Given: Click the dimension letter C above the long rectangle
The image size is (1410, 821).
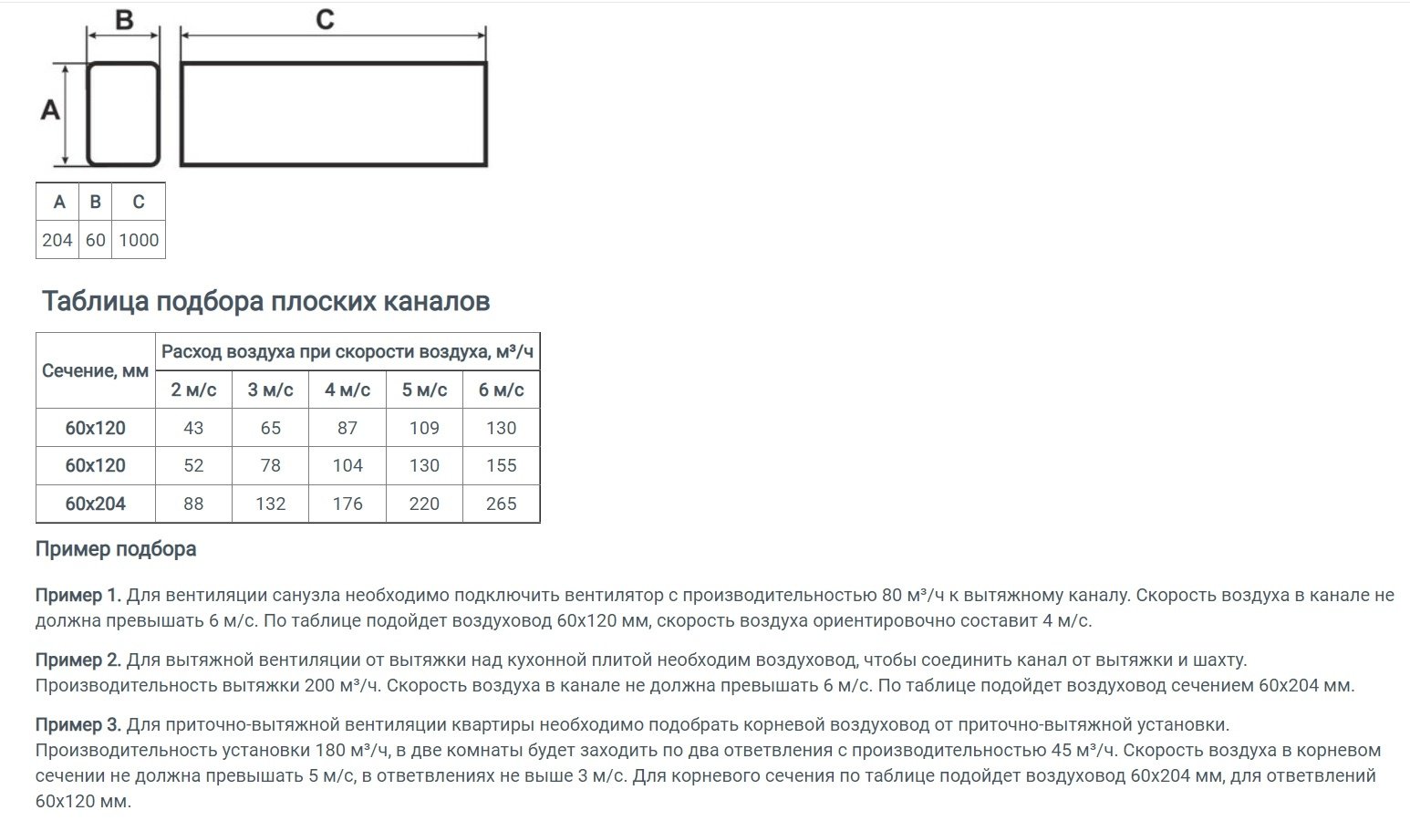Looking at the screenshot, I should tap(326, 19).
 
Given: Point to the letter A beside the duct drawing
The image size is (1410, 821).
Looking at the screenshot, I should tap(51, 110).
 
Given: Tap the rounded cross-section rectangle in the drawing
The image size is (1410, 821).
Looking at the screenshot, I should tap(123, 114).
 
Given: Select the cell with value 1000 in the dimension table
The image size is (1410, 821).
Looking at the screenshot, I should tap(139, 240).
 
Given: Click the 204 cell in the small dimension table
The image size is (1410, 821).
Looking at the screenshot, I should tap(57, 240).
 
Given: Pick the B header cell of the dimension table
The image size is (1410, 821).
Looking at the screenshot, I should tap(95, 202).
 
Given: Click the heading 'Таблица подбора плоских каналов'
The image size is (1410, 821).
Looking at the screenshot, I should tap(265, 302).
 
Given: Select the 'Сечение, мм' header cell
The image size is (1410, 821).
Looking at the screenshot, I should tap(96, 370).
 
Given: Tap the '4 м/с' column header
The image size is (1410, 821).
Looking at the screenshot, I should tap(347, 390).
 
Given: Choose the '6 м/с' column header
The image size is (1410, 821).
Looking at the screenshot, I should tap(502, 390).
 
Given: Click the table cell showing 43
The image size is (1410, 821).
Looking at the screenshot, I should tap(193, 428).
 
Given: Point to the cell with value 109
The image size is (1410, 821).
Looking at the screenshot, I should tap(424, 428).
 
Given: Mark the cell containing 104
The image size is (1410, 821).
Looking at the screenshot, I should tap(347, 465).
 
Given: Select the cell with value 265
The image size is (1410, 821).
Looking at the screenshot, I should tap(502, 504).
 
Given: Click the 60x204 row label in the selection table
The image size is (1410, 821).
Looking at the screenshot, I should tap(96, 504).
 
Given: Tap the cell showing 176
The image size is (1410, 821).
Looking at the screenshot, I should tap(347, 504).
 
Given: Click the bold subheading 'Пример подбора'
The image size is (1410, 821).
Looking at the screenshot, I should tap(116, 549).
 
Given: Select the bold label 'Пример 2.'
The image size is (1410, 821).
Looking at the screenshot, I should tap(78, 660).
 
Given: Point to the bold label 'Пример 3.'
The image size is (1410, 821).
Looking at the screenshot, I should tap(78, 725).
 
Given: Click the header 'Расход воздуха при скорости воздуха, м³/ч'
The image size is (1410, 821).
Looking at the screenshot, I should tap(347, 351).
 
